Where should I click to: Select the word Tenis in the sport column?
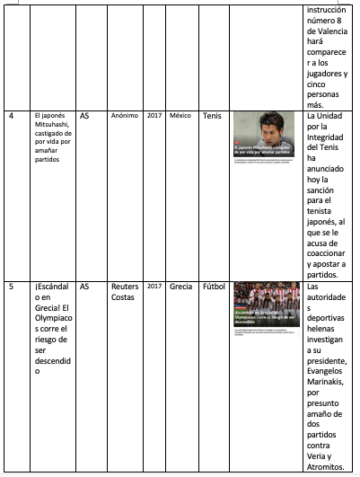(212, 116)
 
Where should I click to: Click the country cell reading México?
(180, 116)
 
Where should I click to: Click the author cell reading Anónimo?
(124, 116)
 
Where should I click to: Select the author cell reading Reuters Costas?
(123, 292)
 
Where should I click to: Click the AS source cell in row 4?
(84, 116)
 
